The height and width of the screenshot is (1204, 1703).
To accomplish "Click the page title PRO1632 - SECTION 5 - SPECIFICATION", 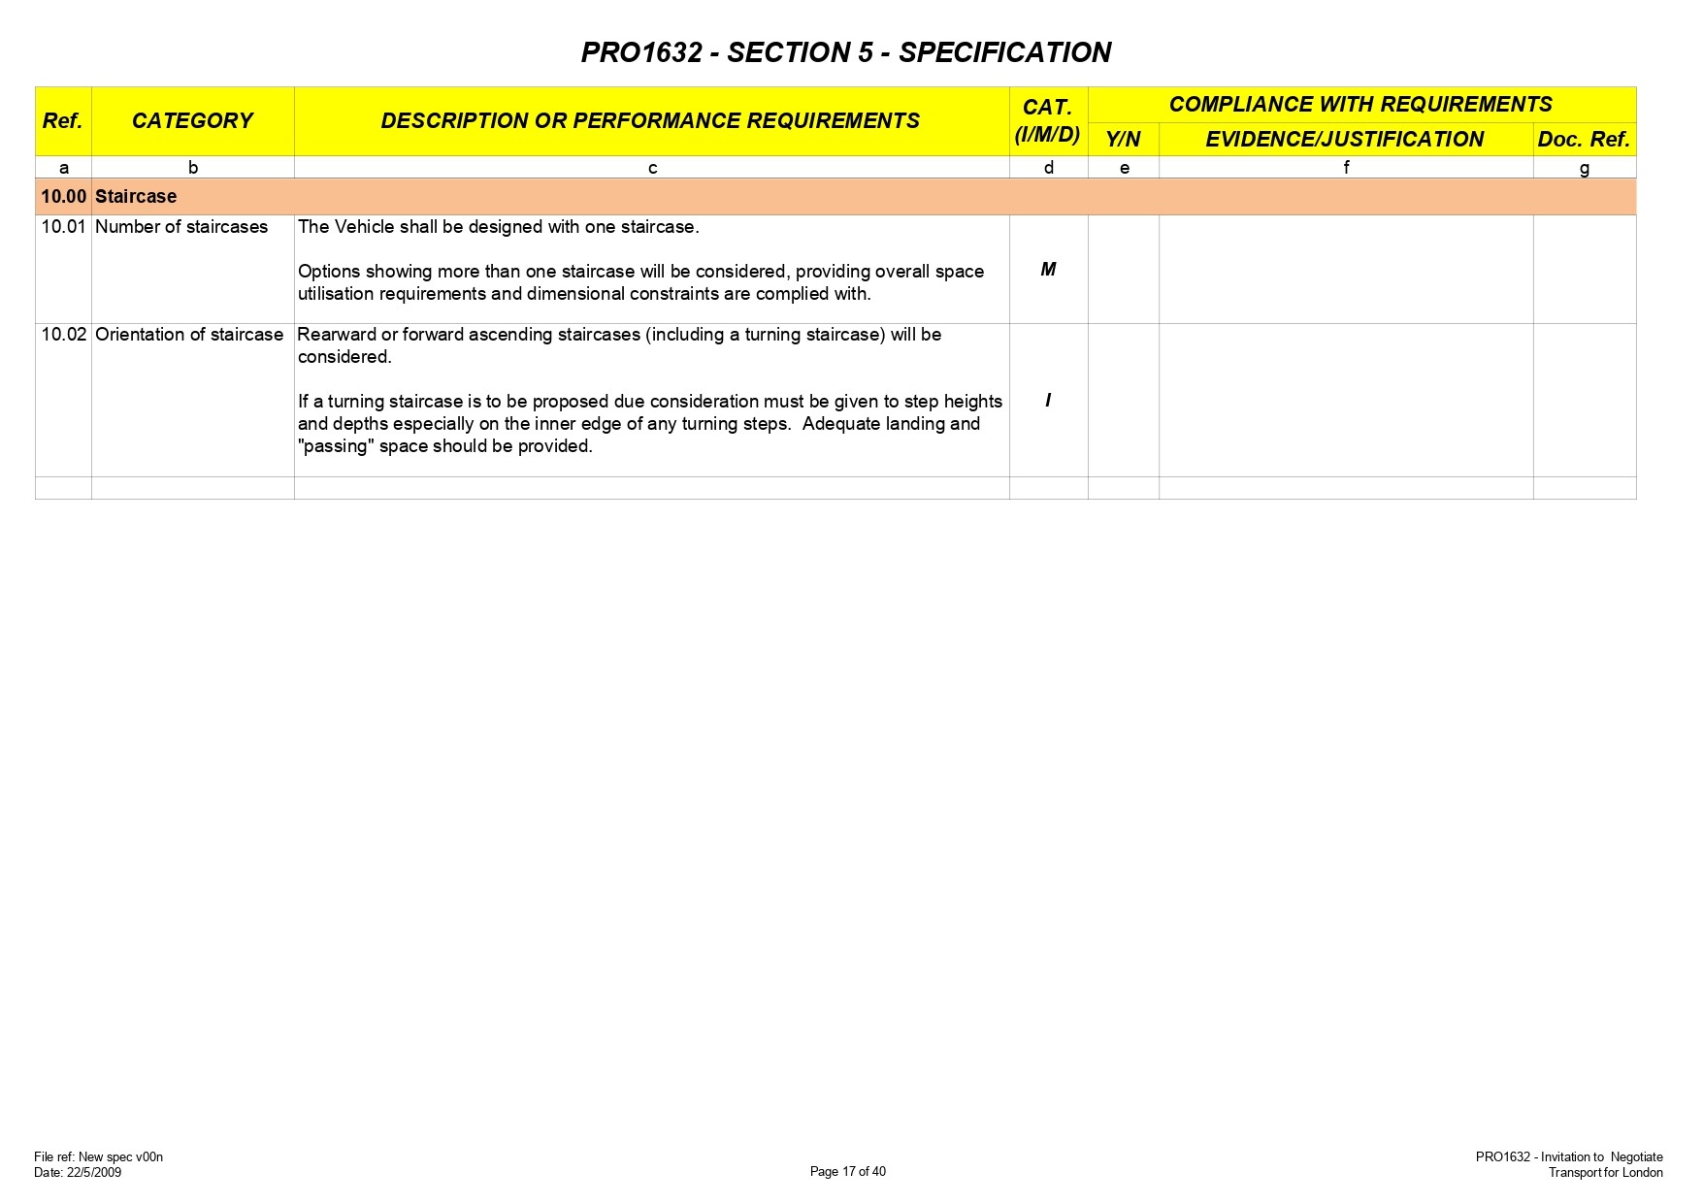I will [845, 52].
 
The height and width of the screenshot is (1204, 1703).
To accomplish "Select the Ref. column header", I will [62, 121].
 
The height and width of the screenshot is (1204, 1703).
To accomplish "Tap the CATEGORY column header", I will [192, 121].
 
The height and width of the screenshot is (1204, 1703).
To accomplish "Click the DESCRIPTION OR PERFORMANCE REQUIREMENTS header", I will [650, 121].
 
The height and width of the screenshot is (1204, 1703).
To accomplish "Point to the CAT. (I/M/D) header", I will [1047, 121].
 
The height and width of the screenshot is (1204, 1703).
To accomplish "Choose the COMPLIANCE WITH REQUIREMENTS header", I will [1359, 105].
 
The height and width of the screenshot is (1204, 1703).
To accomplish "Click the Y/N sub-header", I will [1123, 140].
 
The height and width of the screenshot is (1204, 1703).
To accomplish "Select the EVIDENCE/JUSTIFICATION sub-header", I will [1344, 140].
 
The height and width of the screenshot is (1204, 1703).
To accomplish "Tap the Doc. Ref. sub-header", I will [1583, 140].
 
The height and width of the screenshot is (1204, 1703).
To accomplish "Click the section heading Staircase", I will [136, 197].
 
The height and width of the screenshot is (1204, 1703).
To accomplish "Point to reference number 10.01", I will [63, 227].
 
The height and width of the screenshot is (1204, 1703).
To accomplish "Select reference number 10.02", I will [63, 335].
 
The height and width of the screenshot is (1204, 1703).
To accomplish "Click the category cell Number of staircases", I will [181, 227].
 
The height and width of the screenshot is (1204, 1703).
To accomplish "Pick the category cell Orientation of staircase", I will [189, 335].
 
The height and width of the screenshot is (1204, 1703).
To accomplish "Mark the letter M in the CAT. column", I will [1048, 270].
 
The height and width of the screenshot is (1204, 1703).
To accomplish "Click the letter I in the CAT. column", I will [1048, 401].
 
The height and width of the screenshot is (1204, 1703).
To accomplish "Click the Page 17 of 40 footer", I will [847, 1172].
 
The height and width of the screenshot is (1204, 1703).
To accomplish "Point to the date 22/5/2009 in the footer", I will [94, 1173].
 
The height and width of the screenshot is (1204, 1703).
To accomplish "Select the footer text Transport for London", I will [1605, 1173].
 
